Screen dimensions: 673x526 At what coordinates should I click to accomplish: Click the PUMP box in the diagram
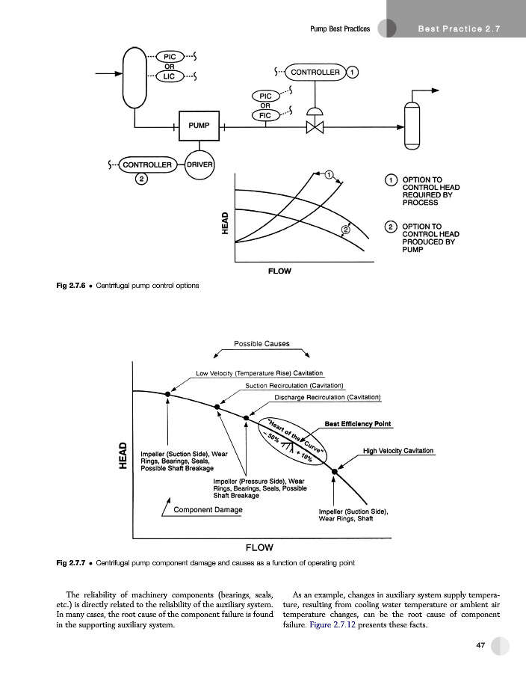(x=199, y=126)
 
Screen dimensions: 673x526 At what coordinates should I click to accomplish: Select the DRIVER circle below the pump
(x=199, y=164)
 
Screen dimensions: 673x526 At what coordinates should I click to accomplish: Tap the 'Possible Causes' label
(x=262, y=344)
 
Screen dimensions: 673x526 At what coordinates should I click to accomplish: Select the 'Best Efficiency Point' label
(x=358, y=424)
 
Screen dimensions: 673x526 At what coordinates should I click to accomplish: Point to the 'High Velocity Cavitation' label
(x=398, y=451)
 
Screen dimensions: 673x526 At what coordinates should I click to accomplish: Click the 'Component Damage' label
(x=208, y=509)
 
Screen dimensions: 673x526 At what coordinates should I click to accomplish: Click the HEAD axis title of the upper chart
(x=224, y=224)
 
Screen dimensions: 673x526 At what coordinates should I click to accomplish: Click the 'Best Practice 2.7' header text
(x=457, y=29)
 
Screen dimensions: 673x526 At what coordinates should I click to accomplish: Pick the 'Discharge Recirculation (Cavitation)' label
(x=328, y=396)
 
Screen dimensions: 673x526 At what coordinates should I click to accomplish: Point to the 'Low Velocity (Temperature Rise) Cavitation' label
(x=259, y=372)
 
